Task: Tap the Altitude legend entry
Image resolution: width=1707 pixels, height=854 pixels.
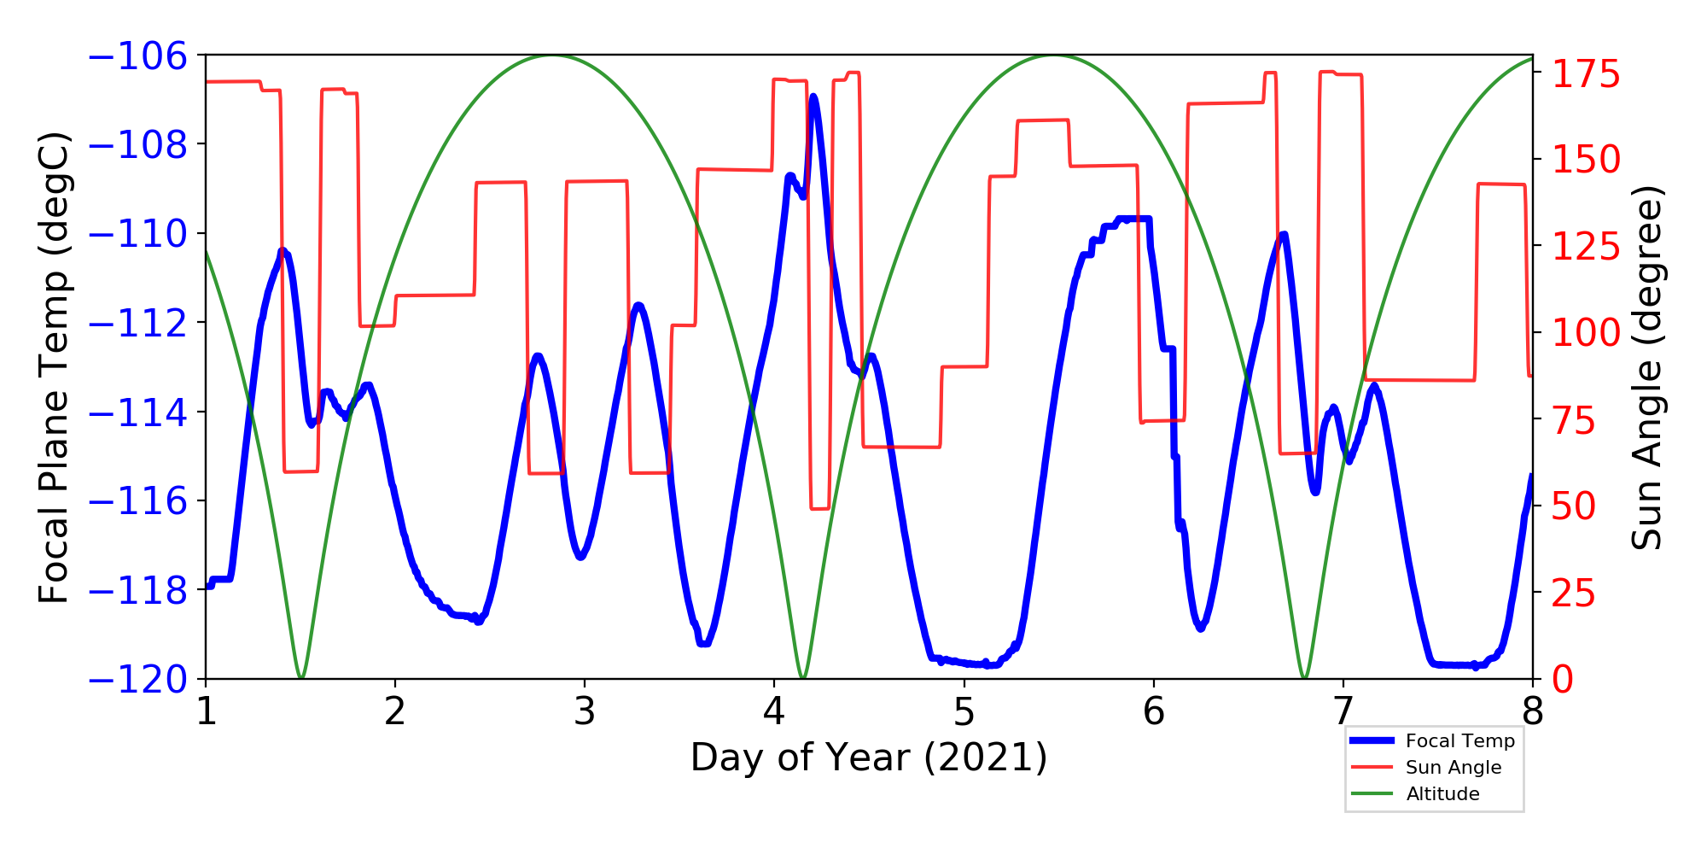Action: click(x=1442, y=793)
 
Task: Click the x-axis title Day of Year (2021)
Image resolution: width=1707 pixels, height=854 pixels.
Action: click(x=869, y=757)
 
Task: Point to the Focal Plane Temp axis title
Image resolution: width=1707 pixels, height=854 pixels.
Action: click(x=53, y=367)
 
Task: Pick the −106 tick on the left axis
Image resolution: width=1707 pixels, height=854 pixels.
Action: click(x=137, y=56)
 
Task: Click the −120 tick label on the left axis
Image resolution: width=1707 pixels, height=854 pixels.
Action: click(x=137, y=680)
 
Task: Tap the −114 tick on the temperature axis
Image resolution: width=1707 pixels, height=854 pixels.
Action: click(x=137, y=412)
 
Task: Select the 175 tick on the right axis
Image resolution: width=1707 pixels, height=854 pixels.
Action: click(x=1586, y=74)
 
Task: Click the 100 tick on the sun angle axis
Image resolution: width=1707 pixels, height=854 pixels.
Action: click(x=1586, y=332)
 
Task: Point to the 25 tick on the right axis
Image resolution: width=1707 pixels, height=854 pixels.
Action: click(x=1574, y=593)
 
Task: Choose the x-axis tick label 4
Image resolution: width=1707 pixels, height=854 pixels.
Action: click(x=774, y=711)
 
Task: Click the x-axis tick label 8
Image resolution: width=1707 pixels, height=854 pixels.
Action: click(x=1533, y=711)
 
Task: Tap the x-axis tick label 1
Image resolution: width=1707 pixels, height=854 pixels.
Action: click(x=206, y=711)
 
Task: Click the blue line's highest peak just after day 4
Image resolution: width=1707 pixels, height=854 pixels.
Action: click(x=813, y=97)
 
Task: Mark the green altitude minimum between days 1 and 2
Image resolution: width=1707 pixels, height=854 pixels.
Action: click(x=300, y=678)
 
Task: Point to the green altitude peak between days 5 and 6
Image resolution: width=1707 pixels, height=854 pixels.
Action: click(x=1053, y=56)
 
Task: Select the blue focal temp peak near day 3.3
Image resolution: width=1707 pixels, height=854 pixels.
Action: click(x=638, y=305)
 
